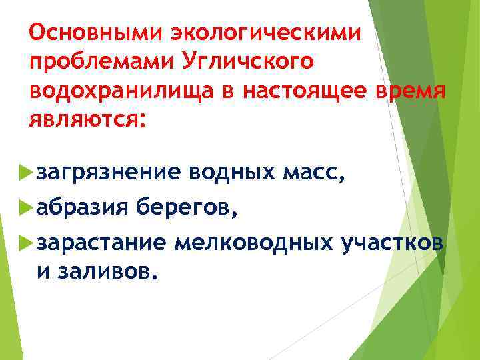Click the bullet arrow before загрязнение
pos(27,174)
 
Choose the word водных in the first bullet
pos(231,174)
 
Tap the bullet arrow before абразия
pos(27,208)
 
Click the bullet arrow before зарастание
pos(27,243)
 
